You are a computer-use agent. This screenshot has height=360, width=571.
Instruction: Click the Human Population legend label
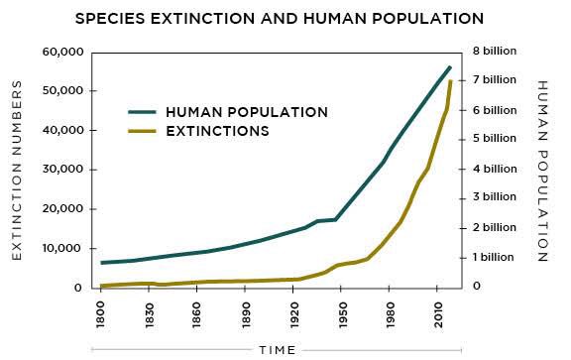pyautogui.click(x=247, y=111)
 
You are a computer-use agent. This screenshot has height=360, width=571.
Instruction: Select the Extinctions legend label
pyautogui.click(x=217, y=130)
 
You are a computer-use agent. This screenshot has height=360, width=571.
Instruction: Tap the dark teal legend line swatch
pyautogui.click(x=144, y=111)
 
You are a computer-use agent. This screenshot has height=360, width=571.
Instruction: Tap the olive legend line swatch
pyautogui.click(x=144, y=130)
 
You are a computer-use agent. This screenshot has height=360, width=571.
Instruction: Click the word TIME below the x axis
pyautogui.click(x=285, y=350)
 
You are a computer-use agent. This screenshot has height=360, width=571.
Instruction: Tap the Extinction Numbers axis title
pyautogui.click(x=17, y=171)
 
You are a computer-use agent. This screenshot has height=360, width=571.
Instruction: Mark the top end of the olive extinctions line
pyautogui.click(x=451, y=81)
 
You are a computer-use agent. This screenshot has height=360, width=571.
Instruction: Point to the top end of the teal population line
pyautogui.click(x=450, y=66)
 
